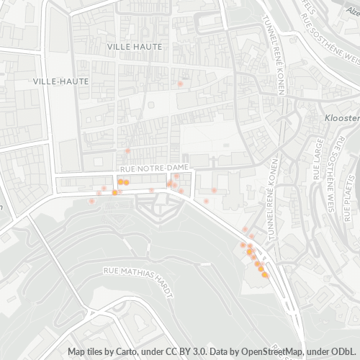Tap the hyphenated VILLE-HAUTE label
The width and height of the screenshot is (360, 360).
(61, 81)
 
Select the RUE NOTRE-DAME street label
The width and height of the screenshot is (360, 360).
(154, 167)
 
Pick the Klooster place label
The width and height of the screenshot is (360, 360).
(341, 117)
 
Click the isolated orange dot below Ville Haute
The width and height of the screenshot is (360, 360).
(180, 84)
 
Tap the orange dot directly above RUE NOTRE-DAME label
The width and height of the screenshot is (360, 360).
(127, 151)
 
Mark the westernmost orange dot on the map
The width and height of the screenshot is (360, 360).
(91, 201)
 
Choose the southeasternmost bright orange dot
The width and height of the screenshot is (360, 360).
(264, 274)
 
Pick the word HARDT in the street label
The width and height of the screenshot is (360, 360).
(165, 271)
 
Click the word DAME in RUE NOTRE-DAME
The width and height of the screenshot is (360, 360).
(178, 167)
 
